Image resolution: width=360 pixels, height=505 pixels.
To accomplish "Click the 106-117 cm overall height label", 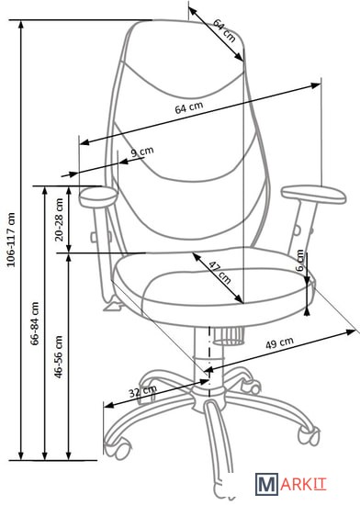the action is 11,240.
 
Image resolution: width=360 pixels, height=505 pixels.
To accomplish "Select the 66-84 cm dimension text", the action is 35,323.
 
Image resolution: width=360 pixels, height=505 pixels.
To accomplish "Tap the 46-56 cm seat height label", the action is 59,356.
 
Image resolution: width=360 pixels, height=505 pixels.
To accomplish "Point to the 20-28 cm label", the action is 60,219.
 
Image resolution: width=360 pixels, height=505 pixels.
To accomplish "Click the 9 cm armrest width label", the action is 142,151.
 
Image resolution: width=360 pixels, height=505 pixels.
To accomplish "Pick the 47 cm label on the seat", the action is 220,273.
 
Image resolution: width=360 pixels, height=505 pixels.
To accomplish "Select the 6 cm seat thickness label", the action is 300,260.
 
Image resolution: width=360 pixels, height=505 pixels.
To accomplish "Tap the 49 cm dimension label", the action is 279,343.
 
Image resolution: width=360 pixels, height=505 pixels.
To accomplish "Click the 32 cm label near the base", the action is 142,391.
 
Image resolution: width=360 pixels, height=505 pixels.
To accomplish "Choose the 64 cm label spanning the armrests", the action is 189,107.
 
